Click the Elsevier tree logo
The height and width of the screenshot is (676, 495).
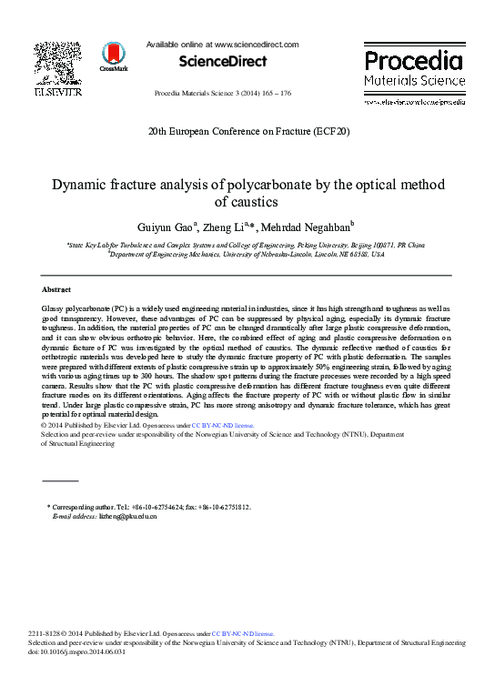(57, 62)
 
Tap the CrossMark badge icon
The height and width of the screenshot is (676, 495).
(114, 55)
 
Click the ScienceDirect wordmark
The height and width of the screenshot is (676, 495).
(222, 62)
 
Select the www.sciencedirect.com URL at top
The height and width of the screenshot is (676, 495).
(255, 44)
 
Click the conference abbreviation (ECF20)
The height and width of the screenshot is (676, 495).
(329, 131)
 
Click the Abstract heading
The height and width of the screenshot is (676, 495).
(56, 288)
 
